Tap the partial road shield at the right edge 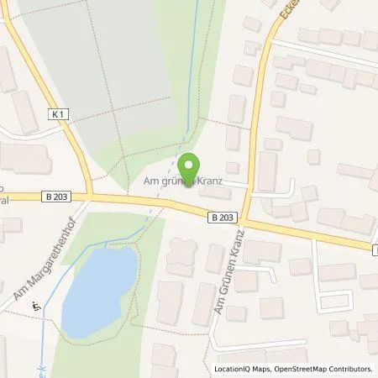pyautogui.click(x=375, y=249)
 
